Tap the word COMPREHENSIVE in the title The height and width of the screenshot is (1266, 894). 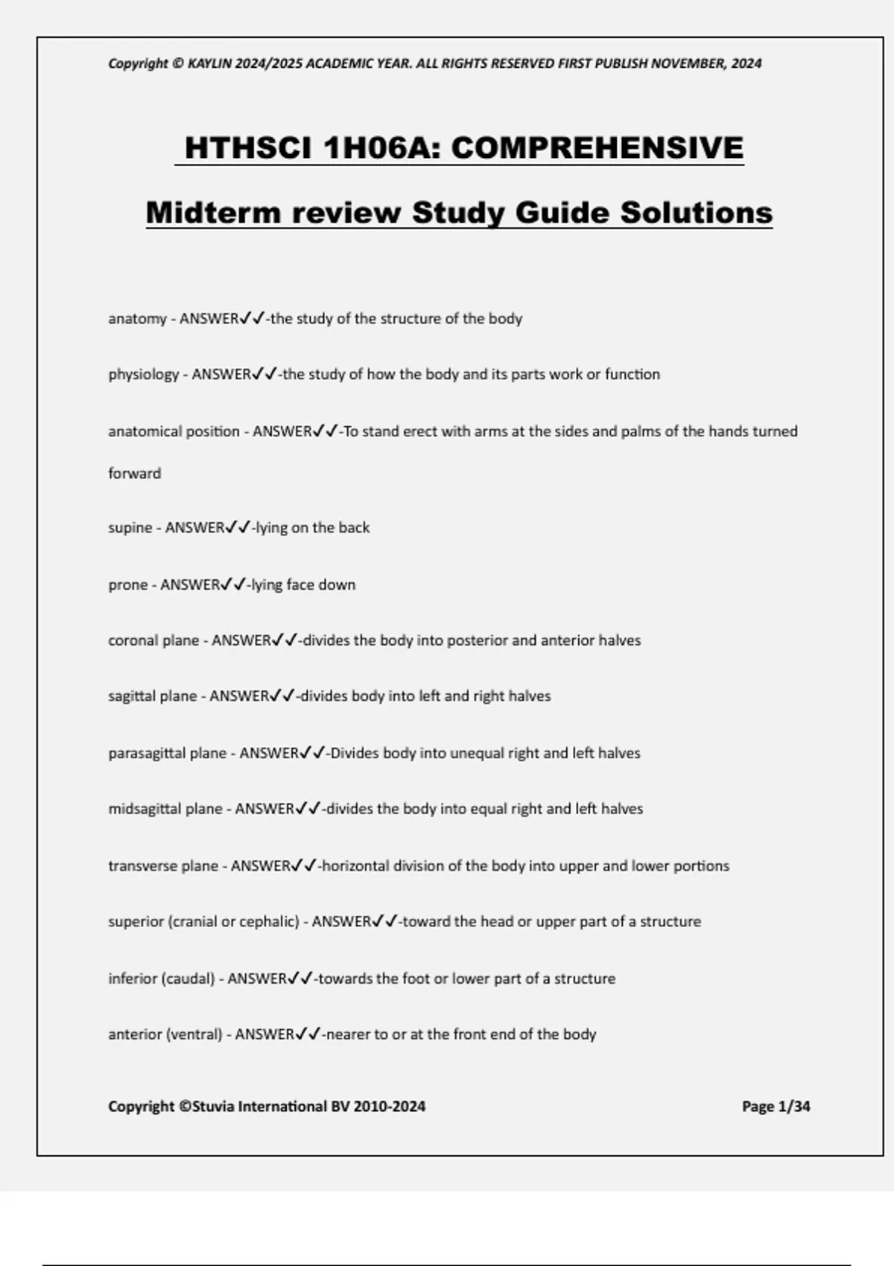597,147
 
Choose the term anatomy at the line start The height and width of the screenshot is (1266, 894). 137,319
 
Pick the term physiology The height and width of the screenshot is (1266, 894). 144,375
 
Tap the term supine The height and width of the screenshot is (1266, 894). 130,528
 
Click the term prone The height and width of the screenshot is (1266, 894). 127,585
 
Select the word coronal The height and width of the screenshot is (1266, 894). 133,640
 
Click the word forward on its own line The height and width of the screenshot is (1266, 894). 134,474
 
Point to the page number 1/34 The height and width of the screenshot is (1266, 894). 793,1107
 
